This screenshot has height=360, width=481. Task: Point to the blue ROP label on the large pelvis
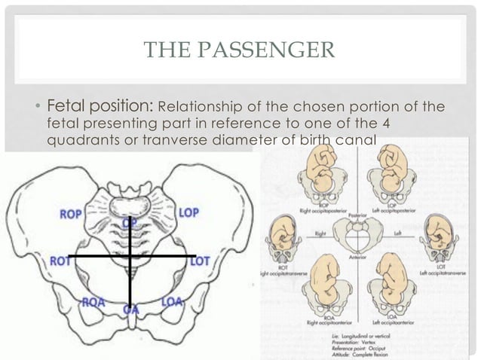72,214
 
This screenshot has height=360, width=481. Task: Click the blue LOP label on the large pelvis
188,213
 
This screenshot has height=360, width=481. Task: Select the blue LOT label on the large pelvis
199,261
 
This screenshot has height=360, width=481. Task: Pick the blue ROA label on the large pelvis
93,302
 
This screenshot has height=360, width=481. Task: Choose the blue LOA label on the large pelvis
173,302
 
